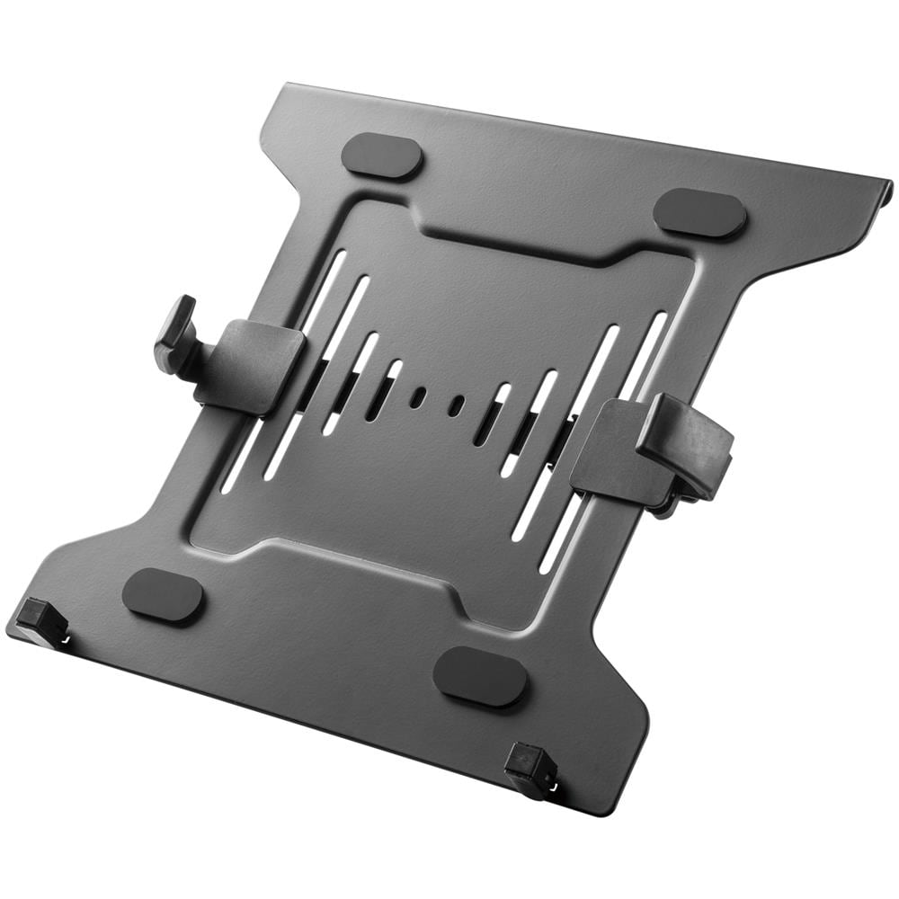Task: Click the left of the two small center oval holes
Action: (x=417, y=397)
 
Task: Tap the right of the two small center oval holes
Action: (x=457, y=405)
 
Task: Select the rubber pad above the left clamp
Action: (x=382, y=156)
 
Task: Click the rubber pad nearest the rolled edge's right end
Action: (x=699, y=213)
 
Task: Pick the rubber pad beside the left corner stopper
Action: (x=163, y=596)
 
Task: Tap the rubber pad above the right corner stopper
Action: (x=479, y=676)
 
